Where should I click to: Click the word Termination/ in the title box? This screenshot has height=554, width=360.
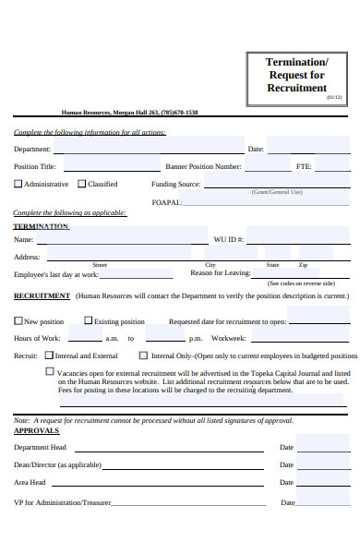(296, 62)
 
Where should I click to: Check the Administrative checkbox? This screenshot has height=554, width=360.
(18, 184)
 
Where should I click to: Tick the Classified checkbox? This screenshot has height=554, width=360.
(80, 184)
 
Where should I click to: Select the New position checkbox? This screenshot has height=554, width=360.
(18, 321)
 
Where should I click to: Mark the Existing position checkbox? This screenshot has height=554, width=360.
(88, 321)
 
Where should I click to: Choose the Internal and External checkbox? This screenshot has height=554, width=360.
(49, 355)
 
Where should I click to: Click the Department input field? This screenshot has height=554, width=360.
(149, 146)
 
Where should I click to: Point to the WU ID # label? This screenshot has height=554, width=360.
(228, 239)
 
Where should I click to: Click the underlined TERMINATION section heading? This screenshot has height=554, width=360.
(41, 226)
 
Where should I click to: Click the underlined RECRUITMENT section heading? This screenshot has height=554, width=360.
(42, 296)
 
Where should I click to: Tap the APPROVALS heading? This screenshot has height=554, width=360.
(36, 430)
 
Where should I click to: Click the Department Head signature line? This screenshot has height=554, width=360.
(175, 448)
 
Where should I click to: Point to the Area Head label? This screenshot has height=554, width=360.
(30, 483)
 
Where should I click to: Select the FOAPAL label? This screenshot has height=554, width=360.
(166, 201)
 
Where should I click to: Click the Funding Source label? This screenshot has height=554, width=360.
(175, 184)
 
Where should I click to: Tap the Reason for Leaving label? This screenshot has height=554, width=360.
(220, 273)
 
